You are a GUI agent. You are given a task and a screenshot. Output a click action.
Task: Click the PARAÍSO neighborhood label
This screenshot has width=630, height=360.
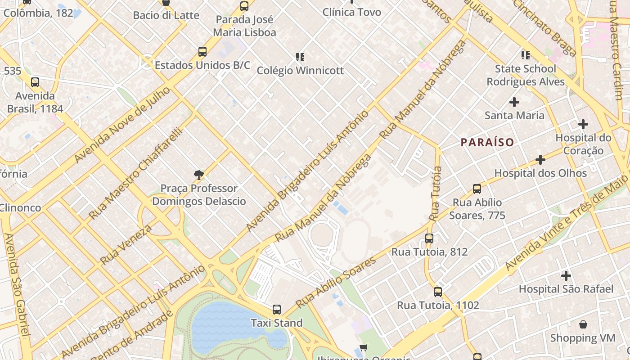point(487,143)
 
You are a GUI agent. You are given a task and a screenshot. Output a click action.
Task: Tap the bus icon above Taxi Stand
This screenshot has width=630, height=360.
point(276,310)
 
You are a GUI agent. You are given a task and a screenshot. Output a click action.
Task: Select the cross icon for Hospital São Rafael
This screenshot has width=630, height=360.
point(566,275)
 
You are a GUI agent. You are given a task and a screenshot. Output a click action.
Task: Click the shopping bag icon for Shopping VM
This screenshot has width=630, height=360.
point(583,324)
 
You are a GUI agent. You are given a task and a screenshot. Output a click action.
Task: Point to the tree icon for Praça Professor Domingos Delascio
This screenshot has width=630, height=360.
point(198,175)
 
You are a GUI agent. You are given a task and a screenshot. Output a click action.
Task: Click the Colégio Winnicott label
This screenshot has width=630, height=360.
point(300,71)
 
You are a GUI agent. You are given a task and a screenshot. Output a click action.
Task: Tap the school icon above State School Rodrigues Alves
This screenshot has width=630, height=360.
point(525,55)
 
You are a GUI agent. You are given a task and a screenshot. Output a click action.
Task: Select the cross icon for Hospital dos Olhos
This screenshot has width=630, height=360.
point(540,160)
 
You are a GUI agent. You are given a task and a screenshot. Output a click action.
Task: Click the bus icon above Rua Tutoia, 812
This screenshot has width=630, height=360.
point(429,238)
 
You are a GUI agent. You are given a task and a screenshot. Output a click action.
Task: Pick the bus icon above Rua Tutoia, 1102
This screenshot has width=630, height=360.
point(437,292)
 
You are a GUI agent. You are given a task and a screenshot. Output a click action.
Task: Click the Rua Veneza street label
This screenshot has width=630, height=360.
point(126,245)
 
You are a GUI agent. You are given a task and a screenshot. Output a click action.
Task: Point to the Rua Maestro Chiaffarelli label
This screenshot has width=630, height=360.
point(135,173)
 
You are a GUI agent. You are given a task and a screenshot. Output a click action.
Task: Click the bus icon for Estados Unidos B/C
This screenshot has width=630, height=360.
point(202,52)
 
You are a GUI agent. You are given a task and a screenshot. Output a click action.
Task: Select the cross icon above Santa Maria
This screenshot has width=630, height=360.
point(514,102)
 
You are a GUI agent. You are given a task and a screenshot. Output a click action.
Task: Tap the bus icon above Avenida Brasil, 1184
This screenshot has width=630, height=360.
point(35,82)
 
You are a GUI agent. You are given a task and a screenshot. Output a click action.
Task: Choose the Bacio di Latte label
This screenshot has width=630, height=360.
point(166,15)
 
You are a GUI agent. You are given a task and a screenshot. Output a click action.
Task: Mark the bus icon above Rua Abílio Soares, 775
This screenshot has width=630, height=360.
point(477,189)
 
